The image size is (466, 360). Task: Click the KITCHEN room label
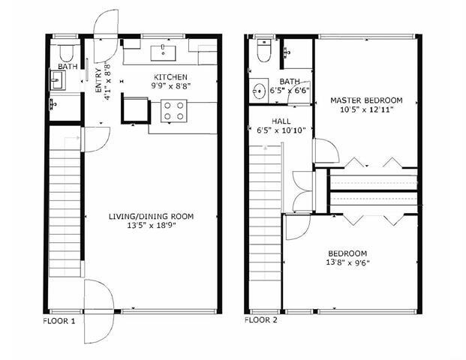pos(170,77)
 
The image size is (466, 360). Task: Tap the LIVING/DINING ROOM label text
pos(152,216)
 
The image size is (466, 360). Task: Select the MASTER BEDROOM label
pos(366,100)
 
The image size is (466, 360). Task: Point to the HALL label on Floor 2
pos(281,121)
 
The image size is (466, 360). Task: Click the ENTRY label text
pos(98,80)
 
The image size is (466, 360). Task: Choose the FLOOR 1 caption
pos(59,321)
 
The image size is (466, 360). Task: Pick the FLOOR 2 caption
pos(260,320)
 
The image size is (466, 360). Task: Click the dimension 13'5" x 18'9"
pos(152,226)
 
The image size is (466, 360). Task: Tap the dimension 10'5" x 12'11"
pos(367,109)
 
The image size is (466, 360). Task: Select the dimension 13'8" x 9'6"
pos(347,262)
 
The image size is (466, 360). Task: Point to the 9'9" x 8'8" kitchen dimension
pos(170,86)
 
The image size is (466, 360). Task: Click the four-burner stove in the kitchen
pos(174,111)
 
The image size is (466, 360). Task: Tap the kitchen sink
pos(163,53)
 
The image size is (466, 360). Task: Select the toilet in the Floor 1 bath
pos(67,52)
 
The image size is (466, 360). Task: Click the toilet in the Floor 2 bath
pos(264,50)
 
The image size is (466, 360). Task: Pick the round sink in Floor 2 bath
pos(259,90)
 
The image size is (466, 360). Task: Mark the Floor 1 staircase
pos(65,207)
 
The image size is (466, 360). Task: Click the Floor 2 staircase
pos(265,213)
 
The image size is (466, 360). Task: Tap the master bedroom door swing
pos(326,151)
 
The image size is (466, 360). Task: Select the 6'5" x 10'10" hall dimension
pos(281,130)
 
